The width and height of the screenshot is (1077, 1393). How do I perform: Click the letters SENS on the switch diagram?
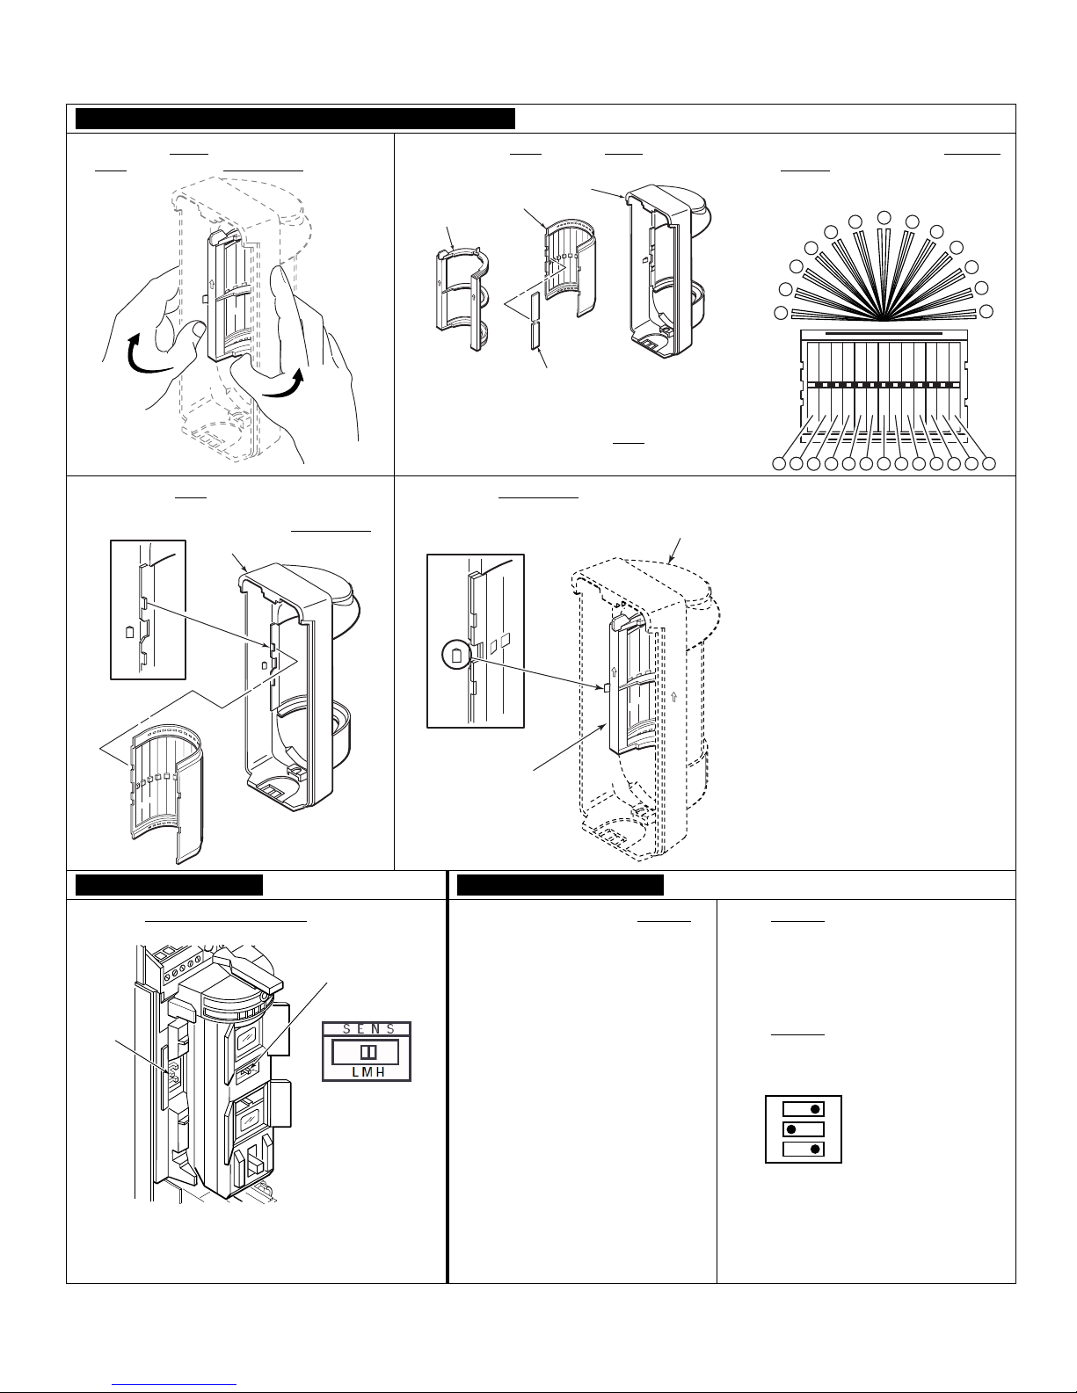[x=368, y=1029]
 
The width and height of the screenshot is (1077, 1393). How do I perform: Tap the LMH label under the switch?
[x=368, y=1072]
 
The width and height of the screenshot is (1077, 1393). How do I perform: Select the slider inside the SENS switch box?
[x=368, y=1052]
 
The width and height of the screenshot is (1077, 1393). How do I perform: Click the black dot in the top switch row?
[x=816, y=1109]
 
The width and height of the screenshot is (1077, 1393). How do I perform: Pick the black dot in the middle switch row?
[x=791, y=1129]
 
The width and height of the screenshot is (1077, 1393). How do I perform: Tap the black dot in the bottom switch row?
[x=816, y=1150]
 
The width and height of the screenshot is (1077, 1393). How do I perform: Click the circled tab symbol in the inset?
[x=456, y=656]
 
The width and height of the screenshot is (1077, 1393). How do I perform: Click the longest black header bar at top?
[x=295, y=119]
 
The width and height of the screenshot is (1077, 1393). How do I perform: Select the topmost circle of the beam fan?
[x=884, y=217]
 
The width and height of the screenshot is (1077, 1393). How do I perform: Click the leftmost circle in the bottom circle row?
[x=779, y=464]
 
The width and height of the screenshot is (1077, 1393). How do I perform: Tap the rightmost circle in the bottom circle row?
[x=989, y=464]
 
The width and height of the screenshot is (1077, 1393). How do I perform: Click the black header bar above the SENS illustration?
[x=169, y=885]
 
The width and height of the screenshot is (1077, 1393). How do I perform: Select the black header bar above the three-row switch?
[x=560, y=885]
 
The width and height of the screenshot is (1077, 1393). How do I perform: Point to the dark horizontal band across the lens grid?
[x=884, y=385]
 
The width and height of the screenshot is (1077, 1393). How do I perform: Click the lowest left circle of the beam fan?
[x=781, y=313]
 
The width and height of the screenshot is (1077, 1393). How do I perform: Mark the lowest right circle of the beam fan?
[x=986, y=311]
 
